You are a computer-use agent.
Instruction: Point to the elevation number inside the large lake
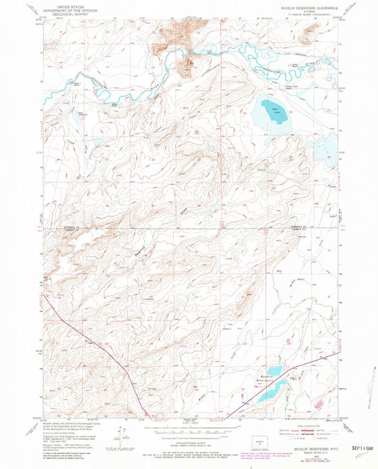pos(274,113)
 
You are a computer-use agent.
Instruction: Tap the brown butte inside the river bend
pos(188,67)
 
